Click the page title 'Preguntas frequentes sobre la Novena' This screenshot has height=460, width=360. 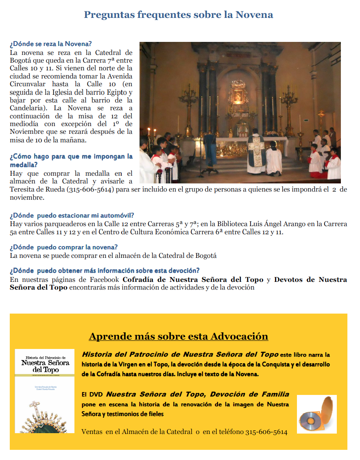point(178,15)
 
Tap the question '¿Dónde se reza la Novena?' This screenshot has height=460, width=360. point(51,44)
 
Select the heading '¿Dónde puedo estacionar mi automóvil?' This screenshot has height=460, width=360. point(72,215)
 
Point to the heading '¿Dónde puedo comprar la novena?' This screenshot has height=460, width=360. point(64,247)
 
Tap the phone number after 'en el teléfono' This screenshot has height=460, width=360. point(266,432)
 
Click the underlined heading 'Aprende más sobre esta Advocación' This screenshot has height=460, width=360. point(178,336)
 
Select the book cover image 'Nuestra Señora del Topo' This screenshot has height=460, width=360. point(45,390)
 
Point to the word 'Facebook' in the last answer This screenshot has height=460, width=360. point(104,280)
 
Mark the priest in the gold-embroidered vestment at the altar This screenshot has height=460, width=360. point(256,150)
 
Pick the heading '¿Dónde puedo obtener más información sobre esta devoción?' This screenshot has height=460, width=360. point(105,270)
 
